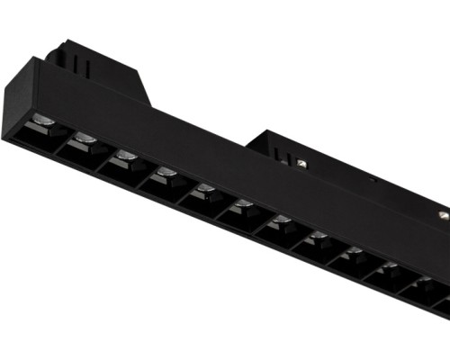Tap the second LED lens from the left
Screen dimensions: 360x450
pos(85,138)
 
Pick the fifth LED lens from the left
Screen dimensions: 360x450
pos(206,188)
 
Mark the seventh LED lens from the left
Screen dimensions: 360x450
pos(282,220)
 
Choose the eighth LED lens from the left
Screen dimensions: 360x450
pos(319,236)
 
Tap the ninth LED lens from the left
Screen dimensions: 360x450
pos(354,251)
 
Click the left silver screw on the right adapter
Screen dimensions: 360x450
pos(301,163)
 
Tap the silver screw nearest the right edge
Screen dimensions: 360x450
pos(444,214)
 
